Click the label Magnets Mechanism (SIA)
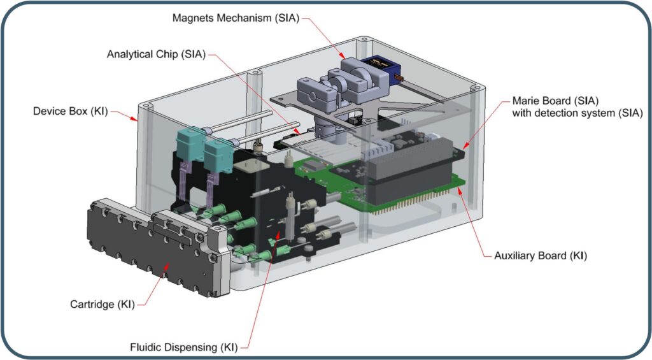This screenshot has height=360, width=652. point(235,17)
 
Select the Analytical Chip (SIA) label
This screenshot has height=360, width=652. point(155,54)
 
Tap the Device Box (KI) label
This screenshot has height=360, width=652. point(71,112)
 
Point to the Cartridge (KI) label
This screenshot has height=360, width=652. point(102,304)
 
